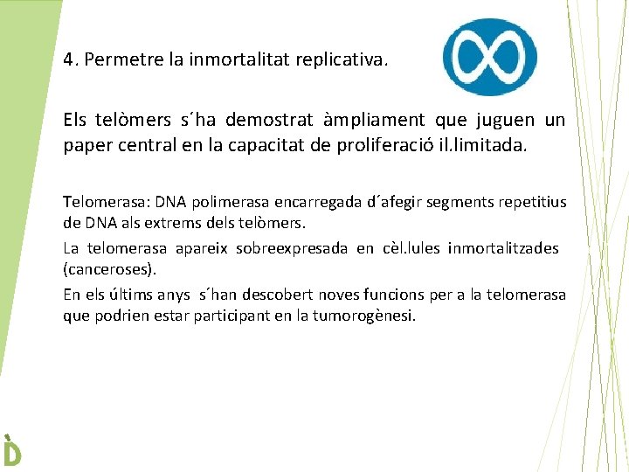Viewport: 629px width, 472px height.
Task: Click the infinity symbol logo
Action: pyautogui.click(x=488, y=57)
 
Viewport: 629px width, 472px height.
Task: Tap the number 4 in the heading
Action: pyautogui.click(x=68, y=62)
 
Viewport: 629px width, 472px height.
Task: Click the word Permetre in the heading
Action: pyautogui.click(x=114, y=62)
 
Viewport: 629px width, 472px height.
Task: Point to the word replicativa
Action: pyautogui.click(x=346, y=62)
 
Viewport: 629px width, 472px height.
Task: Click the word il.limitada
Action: pyautogui.click(x=485, y=144)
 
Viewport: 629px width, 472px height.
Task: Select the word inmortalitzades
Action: pyautogui.click(x=503, y=248)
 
